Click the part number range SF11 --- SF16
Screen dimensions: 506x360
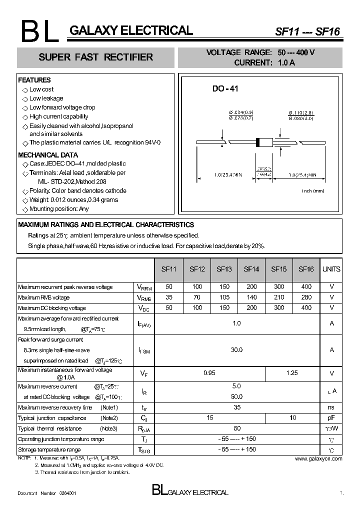click(307, 31)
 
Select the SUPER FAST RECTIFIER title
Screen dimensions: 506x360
click(96, 57)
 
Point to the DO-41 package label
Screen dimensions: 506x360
click(225, 88)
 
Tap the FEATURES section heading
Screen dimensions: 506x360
click(34, 80)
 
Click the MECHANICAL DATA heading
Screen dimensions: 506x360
click(48, 155)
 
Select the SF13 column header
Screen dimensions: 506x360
click(224, 269)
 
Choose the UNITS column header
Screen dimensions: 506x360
click(331, 269)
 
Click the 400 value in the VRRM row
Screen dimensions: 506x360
click(306, 287)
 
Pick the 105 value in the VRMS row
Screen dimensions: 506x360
click(224, 297)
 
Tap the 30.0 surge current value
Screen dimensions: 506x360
click(236, 350)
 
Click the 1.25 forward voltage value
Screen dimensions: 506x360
click(292, 373)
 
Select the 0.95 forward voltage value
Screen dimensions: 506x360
click(210, 373)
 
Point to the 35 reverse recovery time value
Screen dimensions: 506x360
click(236, 407)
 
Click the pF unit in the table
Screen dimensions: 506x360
click(331, 418)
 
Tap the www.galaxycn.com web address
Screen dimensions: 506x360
click(318, 458)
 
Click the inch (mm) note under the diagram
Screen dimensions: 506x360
click(313, 191)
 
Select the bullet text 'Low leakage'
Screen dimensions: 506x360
click(46, 98)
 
